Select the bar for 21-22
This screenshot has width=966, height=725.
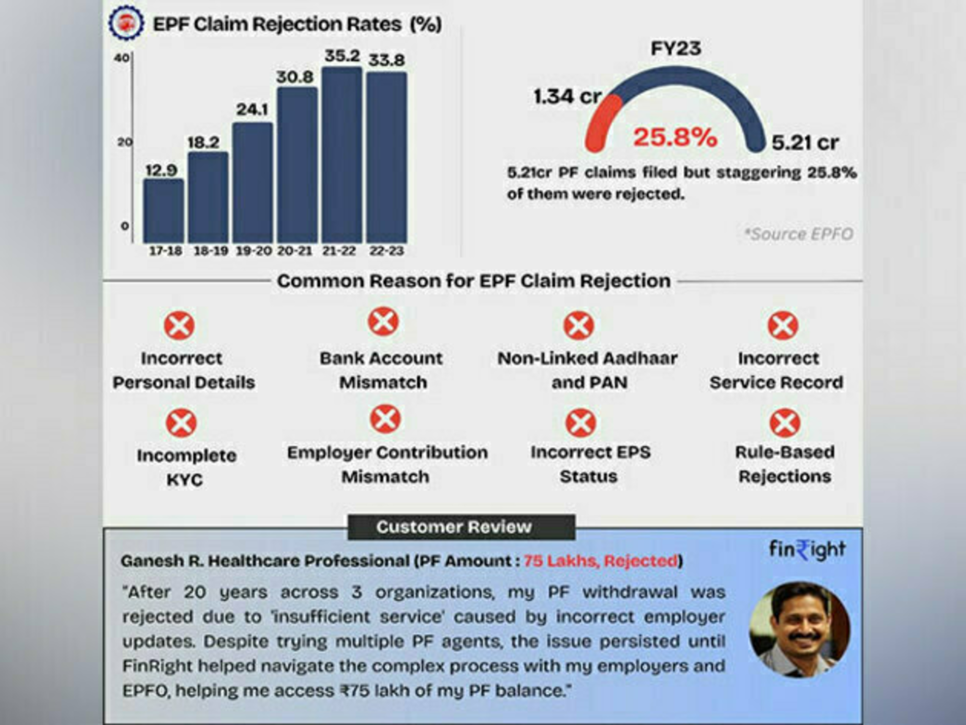coord(342,155)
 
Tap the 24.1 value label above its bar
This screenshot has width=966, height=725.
coord(252,109)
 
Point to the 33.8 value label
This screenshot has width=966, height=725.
coord(387,60)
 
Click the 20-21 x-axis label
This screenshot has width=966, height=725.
coord(295,251)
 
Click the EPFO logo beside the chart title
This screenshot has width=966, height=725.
coord(126,23)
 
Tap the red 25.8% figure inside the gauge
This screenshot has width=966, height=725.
coord(675,137)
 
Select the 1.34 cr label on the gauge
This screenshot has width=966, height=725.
coord(567,96)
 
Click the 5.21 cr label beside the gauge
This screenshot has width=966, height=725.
coord(805,143)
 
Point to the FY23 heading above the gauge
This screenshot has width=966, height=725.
coord(676,48)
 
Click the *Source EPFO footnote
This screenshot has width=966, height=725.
coord(799,234)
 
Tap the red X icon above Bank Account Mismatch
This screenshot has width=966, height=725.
coord(383,322)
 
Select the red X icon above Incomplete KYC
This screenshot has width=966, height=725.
coord(181,423)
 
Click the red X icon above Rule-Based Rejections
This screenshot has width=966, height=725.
coord(785,423)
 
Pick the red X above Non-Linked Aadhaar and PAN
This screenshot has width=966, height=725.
coord(579,325)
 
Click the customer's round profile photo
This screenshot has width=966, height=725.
coord(800,630)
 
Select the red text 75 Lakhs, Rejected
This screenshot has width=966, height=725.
coord(600,561)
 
